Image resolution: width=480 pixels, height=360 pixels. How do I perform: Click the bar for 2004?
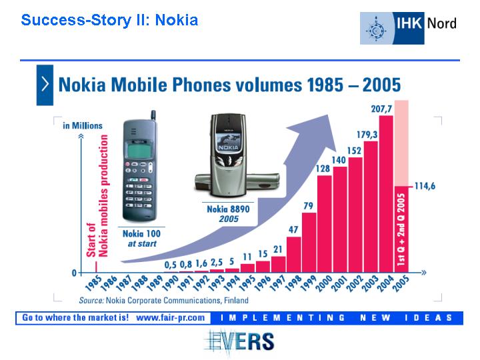tap(386, 194)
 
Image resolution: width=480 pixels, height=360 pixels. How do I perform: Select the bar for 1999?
tap(309, 243)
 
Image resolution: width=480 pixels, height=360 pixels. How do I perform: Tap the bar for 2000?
tap(325, 224)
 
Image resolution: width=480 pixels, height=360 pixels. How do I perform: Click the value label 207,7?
tap(381, 109)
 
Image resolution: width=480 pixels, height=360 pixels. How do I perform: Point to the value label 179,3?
tap(367, 135)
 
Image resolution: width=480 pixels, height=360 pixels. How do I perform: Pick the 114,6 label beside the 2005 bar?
tap(425, 186)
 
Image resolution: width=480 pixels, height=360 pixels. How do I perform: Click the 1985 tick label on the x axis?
tap(93, 284)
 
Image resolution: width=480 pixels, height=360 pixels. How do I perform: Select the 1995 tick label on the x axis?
tap(247, 284)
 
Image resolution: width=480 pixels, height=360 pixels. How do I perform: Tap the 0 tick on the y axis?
tap(74, 273)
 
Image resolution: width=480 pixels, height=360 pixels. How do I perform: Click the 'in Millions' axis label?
tap(83, 126)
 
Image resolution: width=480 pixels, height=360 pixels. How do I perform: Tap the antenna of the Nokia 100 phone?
tap(153, 115)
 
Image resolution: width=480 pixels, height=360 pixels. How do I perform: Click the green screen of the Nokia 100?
tap(139, 151)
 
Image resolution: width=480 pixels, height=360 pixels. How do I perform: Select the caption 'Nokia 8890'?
tap(229, 209)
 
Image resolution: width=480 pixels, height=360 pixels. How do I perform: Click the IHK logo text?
tap(409, 23)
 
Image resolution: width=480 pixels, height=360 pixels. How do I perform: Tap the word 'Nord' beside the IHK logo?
tap(442, 23)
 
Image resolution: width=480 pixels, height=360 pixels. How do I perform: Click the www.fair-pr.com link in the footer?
tap(171, 318)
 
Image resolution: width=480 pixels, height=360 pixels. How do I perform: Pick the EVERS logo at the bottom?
tap(239, 341)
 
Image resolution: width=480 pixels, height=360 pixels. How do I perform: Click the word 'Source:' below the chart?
tap(91, 300)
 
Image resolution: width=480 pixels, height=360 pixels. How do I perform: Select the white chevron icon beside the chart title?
tap(45, 84)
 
